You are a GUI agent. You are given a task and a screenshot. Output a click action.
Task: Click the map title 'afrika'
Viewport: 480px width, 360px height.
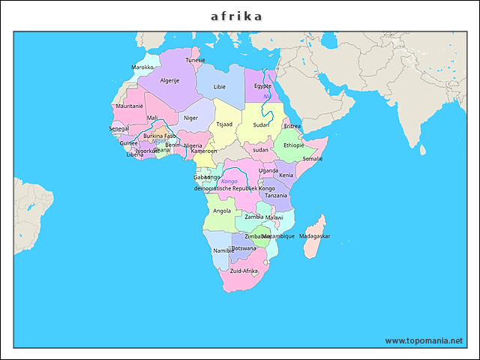coord(236,16)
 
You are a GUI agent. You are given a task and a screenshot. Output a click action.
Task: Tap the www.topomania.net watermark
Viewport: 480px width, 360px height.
coord(424,340)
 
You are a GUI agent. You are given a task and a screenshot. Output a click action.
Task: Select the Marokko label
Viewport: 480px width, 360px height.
coord(142,67)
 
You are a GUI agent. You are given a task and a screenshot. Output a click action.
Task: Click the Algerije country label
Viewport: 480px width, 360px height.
coord(170,80)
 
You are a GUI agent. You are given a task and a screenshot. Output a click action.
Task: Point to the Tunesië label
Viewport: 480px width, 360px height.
coord(195,60)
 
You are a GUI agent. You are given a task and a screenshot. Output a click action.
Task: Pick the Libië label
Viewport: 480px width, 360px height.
coord(220,87)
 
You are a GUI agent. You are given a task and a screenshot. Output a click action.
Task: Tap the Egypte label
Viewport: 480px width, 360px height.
coord(262,85)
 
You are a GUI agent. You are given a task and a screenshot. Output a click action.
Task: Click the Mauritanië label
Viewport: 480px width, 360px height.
coord(129,106)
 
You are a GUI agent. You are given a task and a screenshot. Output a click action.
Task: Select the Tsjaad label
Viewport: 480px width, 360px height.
coord(224,124)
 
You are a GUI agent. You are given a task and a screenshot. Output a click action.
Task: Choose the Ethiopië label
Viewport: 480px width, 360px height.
coord(294,145)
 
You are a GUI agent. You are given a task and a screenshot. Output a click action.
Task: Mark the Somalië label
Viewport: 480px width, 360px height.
coord(312,159)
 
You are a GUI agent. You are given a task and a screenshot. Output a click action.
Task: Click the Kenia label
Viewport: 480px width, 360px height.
coord(286,175)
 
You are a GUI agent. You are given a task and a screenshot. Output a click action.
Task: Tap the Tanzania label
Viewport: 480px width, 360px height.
coord(276,195)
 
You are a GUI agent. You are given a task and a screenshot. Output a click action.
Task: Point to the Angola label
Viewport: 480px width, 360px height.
coord(222,211)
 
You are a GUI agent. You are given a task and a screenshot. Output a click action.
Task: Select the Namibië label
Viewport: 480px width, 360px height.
coord(223,250)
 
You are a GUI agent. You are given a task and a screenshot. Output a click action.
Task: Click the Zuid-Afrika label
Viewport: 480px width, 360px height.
coord(244,271)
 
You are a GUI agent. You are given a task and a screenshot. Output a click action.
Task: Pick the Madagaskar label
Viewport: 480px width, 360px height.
coord(314,236)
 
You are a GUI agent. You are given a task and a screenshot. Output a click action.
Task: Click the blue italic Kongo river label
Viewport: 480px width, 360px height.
coord(229,181)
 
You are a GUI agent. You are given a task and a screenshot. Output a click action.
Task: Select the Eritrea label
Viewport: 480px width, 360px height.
coord(292,126)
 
